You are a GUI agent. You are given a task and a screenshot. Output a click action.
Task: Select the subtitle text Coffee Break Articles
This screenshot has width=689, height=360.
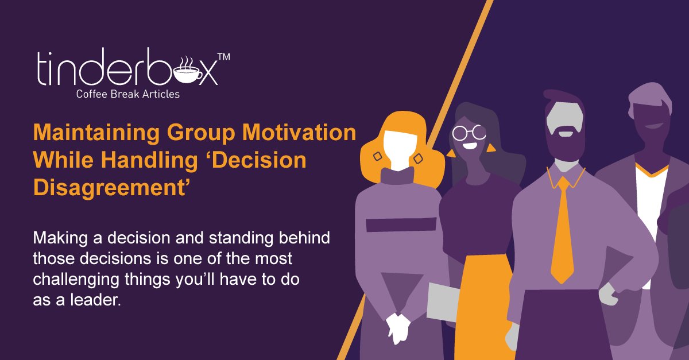(127, 94)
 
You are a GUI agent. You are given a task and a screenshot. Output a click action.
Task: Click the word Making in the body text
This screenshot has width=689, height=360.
(57, 238)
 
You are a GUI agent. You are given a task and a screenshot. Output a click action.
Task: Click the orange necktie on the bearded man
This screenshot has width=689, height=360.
(562, 230)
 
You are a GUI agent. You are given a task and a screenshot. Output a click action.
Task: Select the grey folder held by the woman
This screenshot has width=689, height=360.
(444, 302)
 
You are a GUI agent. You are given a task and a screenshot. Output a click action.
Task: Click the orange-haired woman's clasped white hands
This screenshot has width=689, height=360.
(397, 327)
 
